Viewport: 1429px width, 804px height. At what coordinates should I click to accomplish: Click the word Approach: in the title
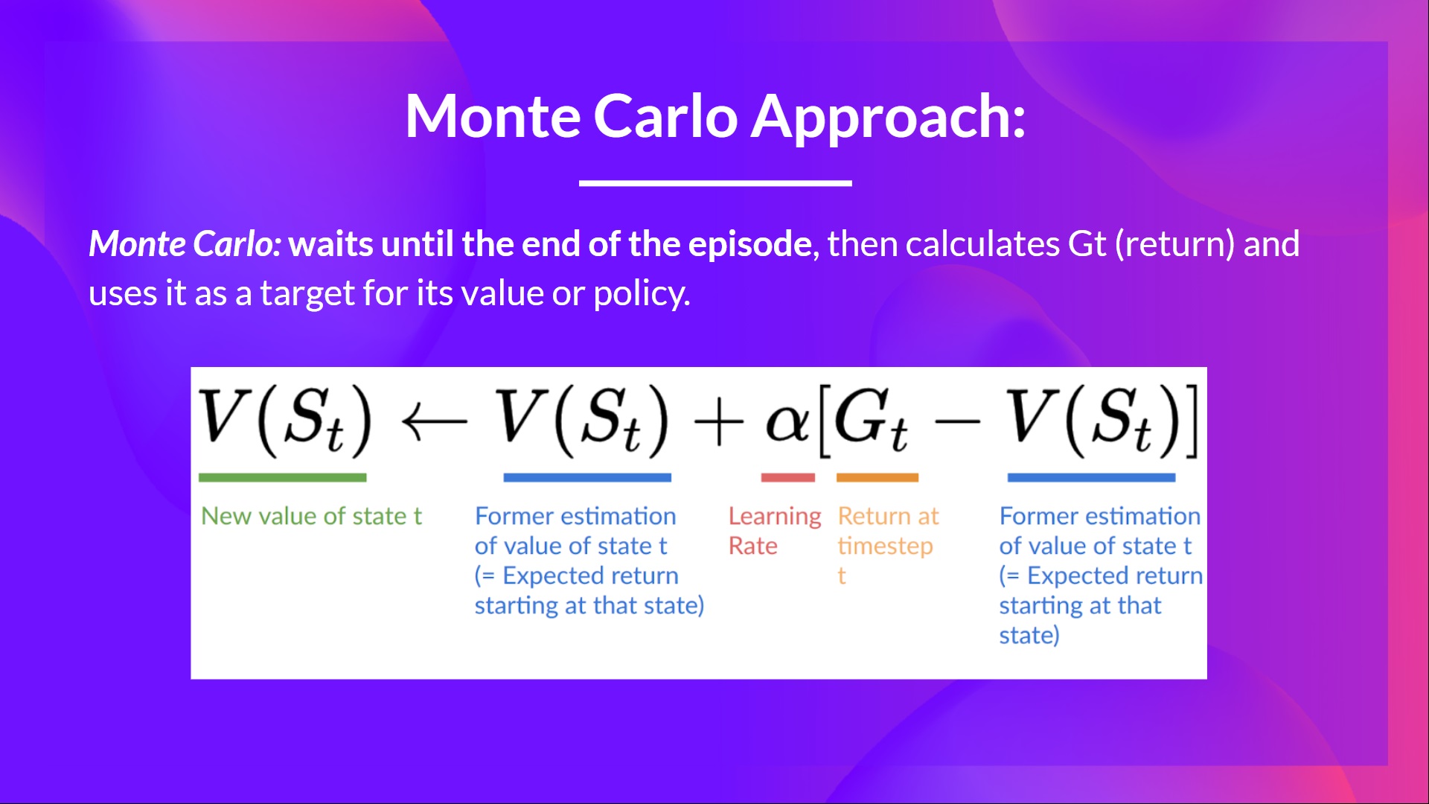tap(888, 118)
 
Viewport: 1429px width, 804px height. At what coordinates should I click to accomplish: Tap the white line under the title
tap(714, 182)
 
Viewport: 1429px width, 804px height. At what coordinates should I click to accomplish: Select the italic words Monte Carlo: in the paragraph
tap(185, 244)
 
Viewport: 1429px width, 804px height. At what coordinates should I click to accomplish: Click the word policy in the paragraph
tap(640, 293)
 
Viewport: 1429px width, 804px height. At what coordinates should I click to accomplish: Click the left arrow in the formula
tap(434, 422)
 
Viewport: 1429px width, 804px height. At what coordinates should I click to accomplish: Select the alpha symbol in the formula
tap(787, 421)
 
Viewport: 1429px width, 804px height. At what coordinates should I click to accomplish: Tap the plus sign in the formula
tap(718, 423)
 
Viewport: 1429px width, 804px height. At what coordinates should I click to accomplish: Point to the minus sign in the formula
tap(957, 423)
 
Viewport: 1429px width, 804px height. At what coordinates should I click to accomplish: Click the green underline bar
tap(282, 477)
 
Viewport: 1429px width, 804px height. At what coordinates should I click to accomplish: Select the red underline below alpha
tap(787, 477)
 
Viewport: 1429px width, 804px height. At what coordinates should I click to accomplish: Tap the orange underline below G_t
tap(877, 477)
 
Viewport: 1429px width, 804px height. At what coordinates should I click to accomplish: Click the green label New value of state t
tap(311, 516)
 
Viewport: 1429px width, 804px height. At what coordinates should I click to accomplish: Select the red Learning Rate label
tap(774, 530)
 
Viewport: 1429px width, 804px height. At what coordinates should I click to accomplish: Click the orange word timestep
tap(885, 546)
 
